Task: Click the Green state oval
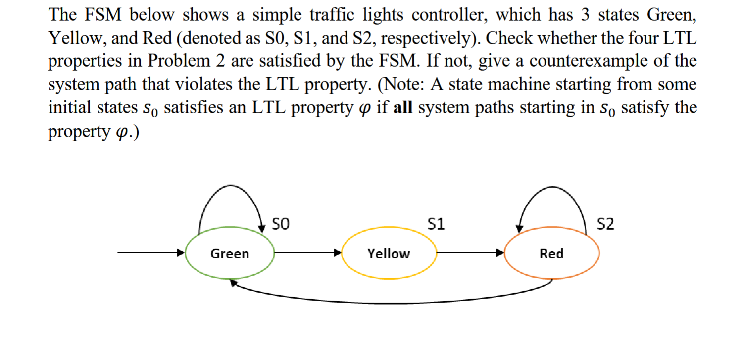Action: coord(230,254)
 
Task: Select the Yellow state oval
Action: coord(389,254)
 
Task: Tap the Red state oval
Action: coord(551,254)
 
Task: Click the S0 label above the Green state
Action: coord(282,224)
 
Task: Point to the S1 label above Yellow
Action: coord(436,224)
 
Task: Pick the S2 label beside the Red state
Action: coord(605,224)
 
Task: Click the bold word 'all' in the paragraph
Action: coord(402,108)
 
